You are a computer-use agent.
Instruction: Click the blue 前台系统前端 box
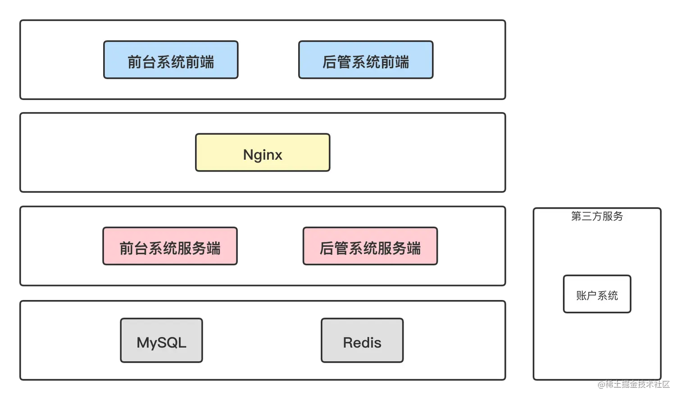point(171,60)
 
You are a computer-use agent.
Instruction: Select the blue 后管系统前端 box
point(366,60)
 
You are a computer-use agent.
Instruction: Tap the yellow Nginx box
point(263,153)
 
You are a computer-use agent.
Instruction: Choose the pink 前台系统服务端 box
point(170,246)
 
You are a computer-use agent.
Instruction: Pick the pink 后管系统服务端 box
point(370,246)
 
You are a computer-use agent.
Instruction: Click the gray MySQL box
point(161,341)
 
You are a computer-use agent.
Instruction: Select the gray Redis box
point(362,341)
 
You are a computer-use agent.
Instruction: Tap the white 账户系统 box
point(597,294)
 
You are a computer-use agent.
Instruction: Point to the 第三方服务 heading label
point(597,216)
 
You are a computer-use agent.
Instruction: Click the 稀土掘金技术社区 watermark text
point(637,384)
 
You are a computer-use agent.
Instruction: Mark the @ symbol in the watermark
point(601,384)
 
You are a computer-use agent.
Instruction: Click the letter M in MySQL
point(144,343)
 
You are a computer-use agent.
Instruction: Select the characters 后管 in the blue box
point(336,62)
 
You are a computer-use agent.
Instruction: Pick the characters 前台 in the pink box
point(133,248)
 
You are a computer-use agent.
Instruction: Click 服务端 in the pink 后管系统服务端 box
point(399,248)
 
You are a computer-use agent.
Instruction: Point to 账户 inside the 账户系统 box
point(586,295)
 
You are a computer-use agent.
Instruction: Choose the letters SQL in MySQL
point(173,343)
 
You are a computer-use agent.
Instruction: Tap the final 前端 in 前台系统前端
point(200,62)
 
